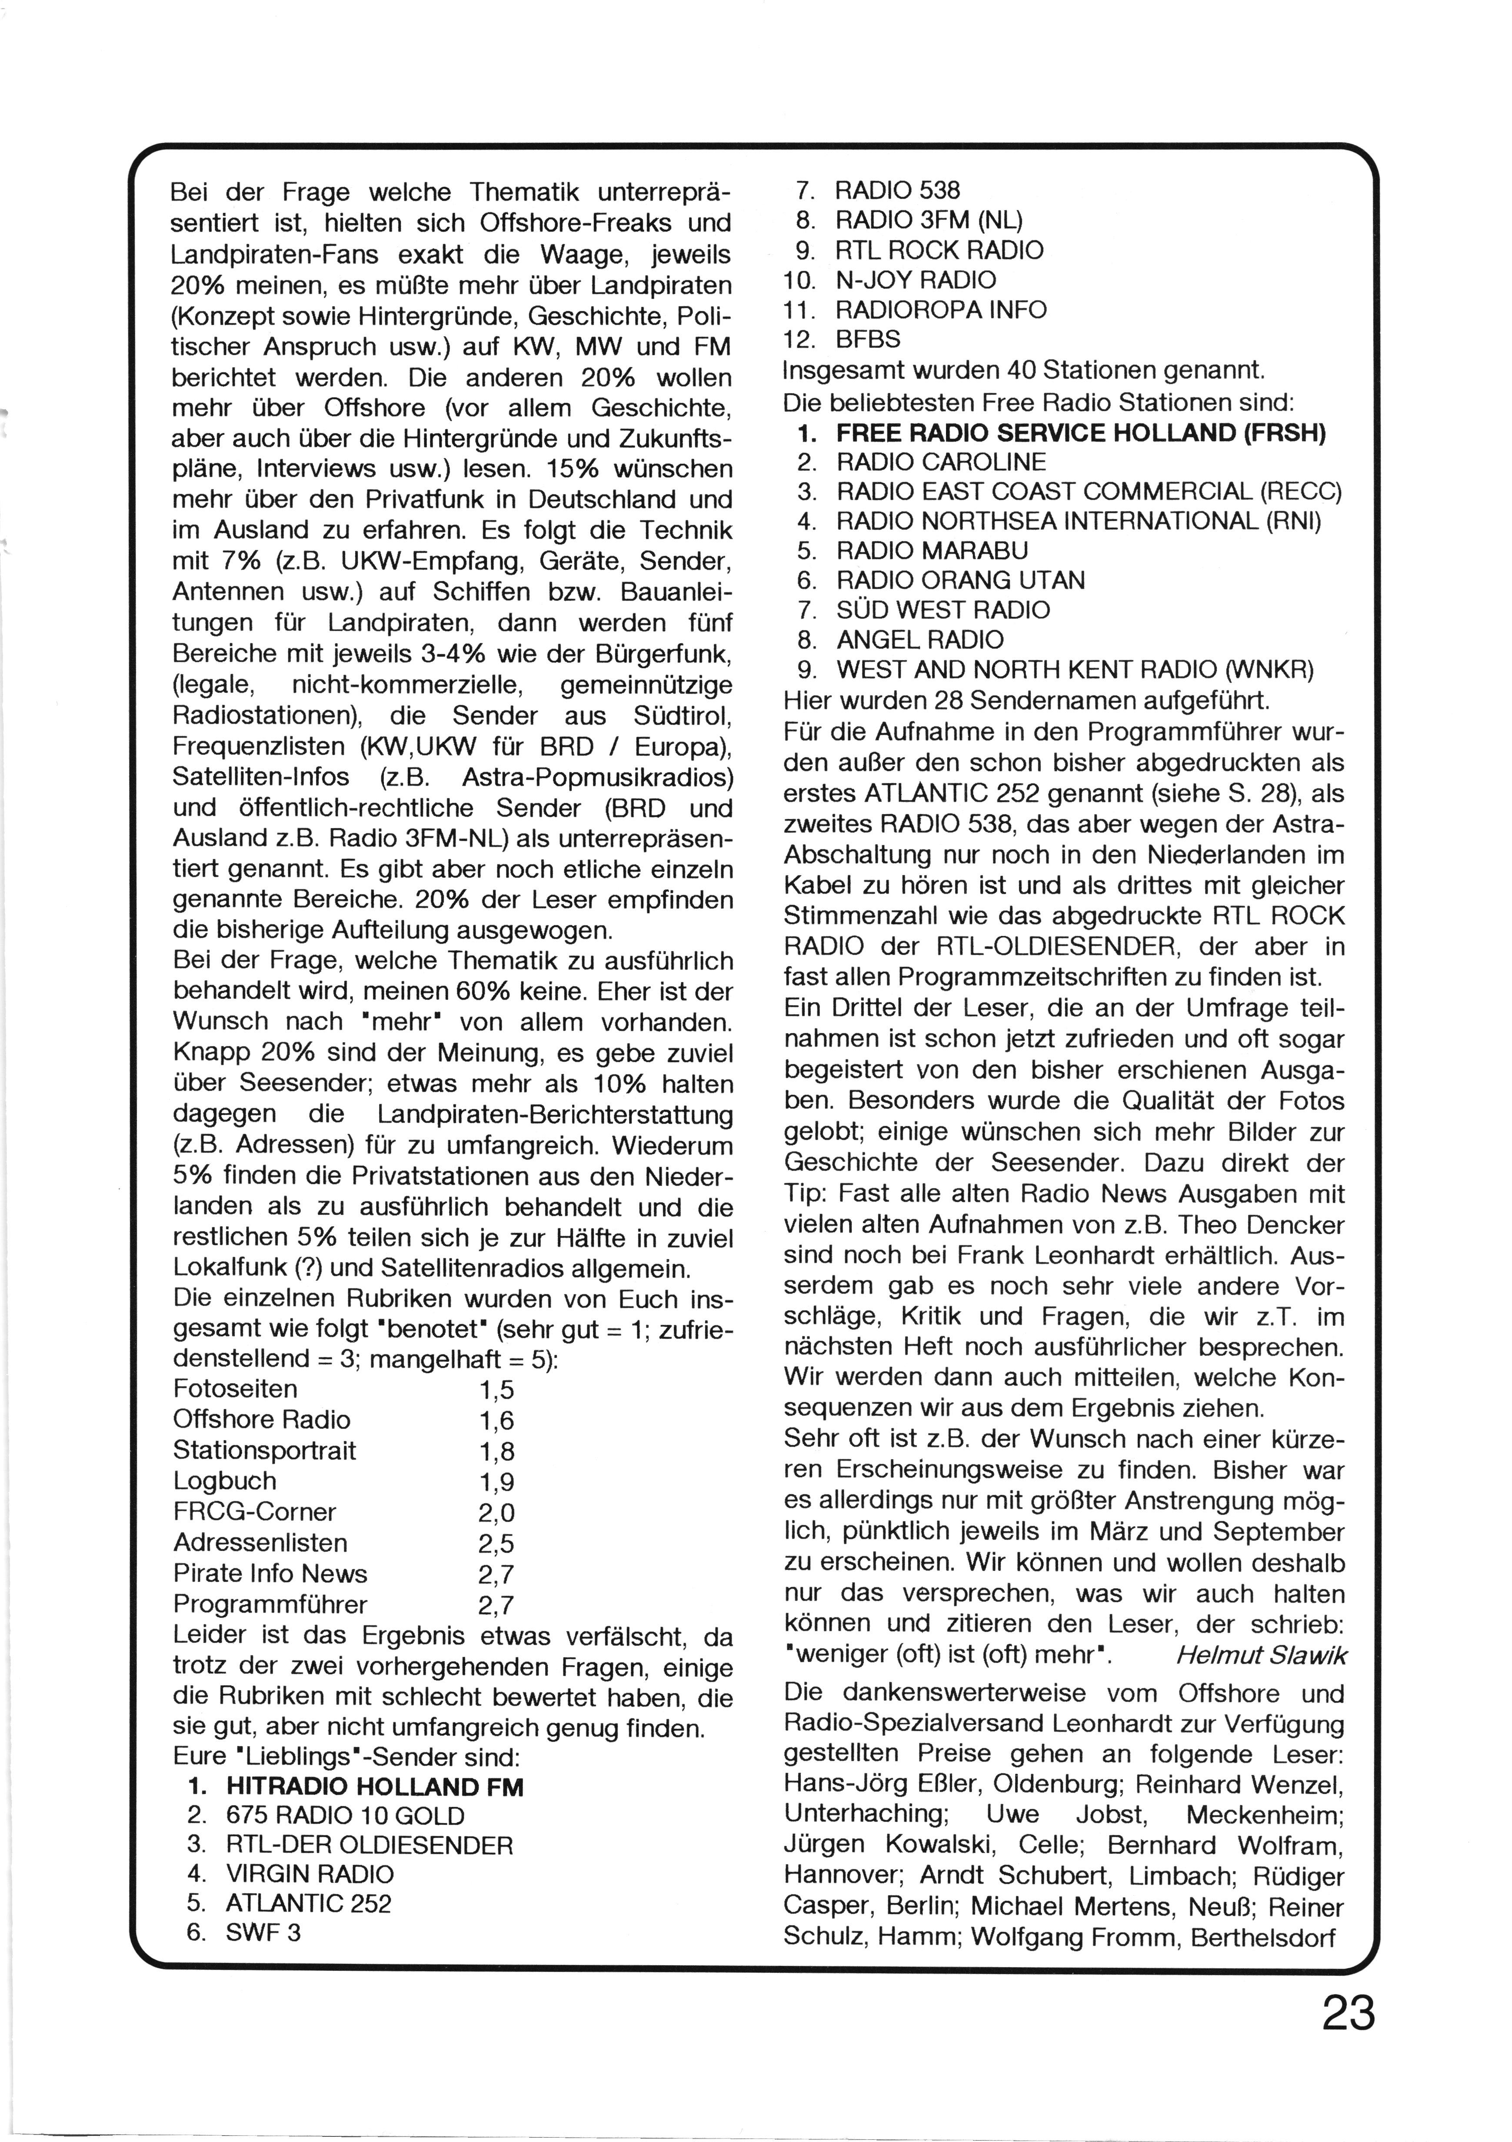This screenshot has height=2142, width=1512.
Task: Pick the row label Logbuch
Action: (225, 1481)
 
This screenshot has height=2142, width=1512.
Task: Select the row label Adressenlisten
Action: (260, 1543)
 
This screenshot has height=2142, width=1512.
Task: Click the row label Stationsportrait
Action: (265, 1451)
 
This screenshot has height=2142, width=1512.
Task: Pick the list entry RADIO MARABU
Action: (932, 550)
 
